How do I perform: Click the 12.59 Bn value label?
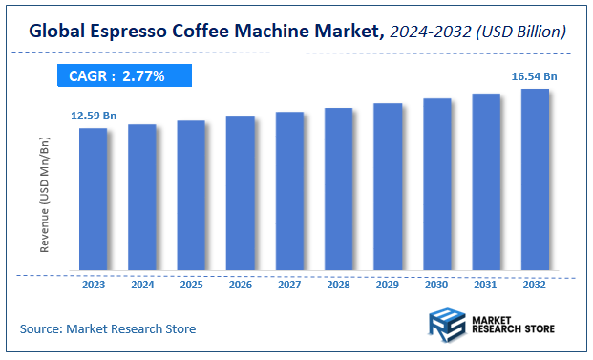(x=93, y=116)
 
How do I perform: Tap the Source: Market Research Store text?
(x=108, y=329)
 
